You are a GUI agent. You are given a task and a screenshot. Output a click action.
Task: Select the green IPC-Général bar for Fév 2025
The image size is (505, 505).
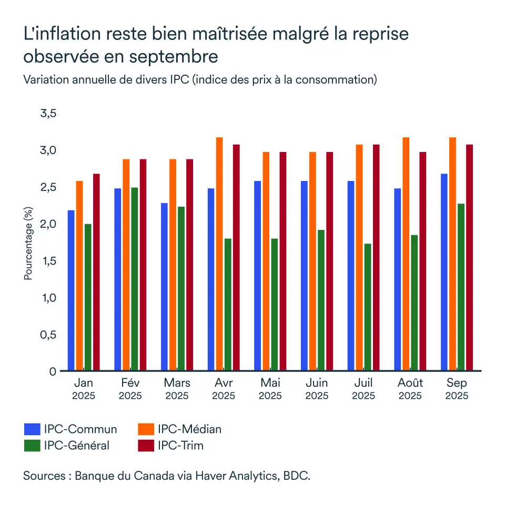tap(134, 279)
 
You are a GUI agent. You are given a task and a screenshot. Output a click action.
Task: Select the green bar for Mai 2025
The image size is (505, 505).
tap(275, 305)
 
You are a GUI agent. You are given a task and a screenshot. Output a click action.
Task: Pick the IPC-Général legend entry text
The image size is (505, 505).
tap(77, 446)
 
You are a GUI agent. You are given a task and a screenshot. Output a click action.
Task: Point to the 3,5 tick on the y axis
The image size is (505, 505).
tap(48, 114)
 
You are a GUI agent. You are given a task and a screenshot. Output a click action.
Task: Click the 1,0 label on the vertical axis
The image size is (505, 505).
tap(48, 298)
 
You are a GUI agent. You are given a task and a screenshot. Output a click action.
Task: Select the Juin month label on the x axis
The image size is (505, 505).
tap(317, 382)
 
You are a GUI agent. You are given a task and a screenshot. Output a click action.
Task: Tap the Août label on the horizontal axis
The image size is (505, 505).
tap(410, 382)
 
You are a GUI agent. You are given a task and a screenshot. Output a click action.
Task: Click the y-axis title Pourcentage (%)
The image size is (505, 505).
tap(28, 243)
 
